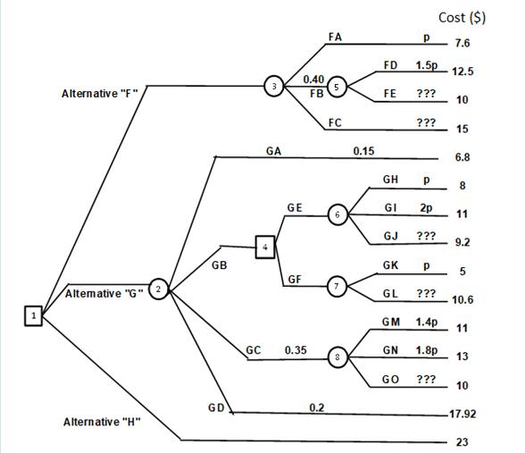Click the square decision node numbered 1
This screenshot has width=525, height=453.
coord(33,315)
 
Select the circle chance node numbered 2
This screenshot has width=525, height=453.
coord(159,288)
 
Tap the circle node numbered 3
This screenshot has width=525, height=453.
coord(275,86)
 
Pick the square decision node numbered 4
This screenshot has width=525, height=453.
coord(264,246)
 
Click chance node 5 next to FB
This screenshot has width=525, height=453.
coord(337,87)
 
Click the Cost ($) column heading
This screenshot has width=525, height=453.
coord(462,17)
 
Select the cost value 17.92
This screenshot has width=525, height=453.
coord(463,414)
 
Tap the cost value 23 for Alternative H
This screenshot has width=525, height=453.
coord(462,441)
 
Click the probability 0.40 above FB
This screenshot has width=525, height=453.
coord(313,80)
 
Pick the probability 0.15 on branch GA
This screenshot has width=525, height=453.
coord(363,150)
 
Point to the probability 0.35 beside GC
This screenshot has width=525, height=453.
coord(296,350)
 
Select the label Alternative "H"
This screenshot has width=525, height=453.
coord(103,420)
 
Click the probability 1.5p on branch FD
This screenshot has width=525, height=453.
coord(428,65)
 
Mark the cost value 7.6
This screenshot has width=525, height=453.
coord(462,43)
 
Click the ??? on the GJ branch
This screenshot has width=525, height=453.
coord(426,237)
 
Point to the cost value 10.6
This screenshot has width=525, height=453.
coord(463,299)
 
